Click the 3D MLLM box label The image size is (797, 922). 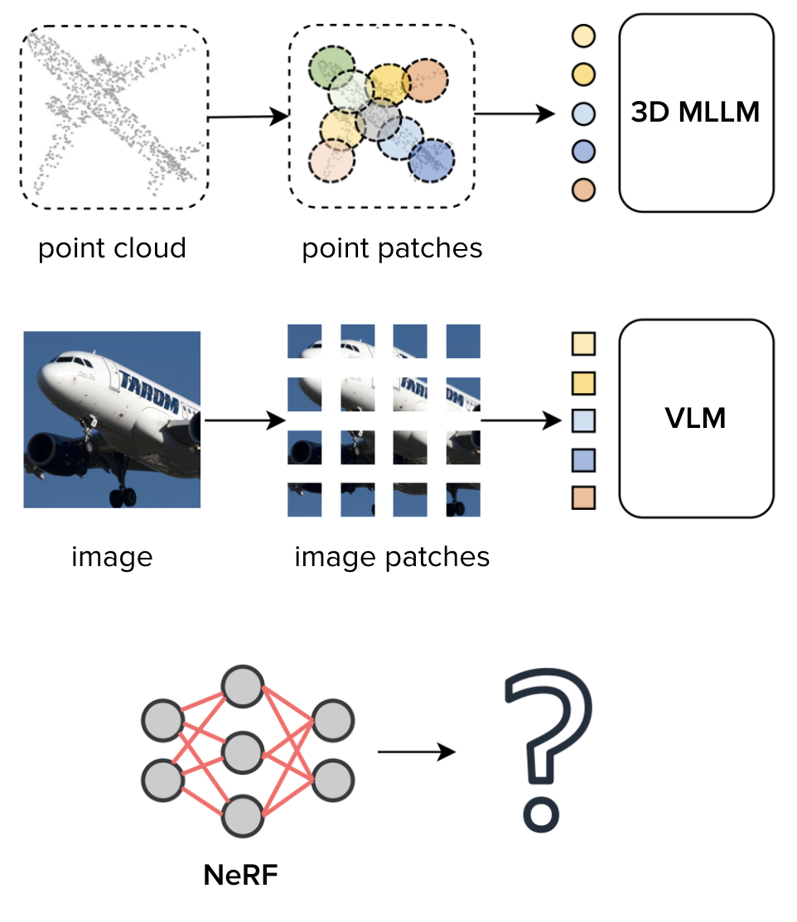pos(695,112)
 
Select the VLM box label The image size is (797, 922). pos(695,418)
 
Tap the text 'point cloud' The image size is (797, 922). pos(112,247)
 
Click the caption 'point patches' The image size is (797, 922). pos(392,247)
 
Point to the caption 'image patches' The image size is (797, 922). pos(392,556)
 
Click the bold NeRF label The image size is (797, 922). pos(241,875)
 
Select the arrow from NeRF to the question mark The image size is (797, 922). pos(416,752)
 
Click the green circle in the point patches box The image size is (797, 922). pos(331,68)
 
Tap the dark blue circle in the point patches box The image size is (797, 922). pos(432,160)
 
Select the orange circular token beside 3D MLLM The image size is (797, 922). pos(584,190)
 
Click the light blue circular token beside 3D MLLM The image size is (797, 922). pos(584,113)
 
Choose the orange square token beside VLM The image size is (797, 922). pos(583,498)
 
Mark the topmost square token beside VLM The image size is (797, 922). pos(583,343)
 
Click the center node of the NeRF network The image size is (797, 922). pos(242,752)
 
